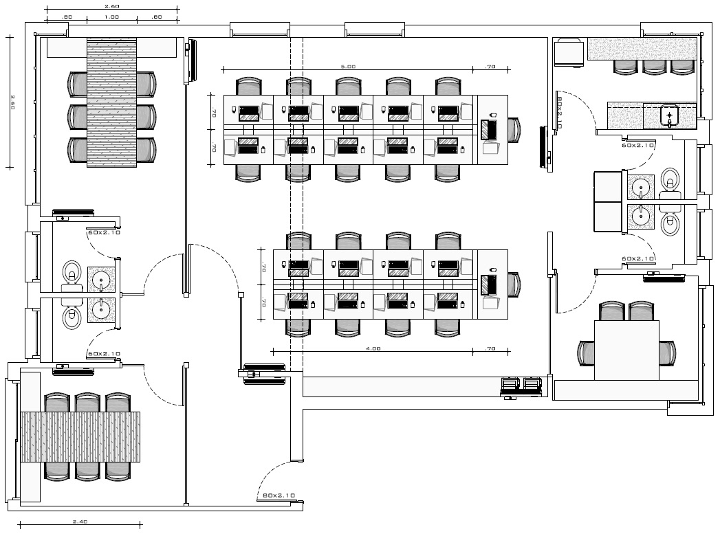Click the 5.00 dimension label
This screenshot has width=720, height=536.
pos(348,67)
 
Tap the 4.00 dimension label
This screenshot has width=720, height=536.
pos(373,349)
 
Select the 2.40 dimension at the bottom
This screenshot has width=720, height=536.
pos(80,522)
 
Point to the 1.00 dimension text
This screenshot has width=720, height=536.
pos(111,16)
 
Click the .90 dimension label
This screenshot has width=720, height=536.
pos(67,16)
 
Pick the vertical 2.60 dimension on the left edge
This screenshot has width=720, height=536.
pos(12,102)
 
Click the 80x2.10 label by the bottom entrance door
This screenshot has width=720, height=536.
pos(279,495)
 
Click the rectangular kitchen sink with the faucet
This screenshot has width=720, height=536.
pos(669,115)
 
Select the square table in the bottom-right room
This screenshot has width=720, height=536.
pos(626,350)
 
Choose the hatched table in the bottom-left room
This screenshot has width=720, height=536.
pos(80,437)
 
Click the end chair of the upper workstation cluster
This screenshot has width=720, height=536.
pos(514,130)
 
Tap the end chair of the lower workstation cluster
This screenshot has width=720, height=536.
pos(514,284)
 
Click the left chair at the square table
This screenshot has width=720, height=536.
pos(585,353)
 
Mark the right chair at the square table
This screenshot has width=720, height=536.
pos(667,353)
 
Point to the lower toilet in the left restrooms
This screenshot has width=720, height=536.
pos(72,317)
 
